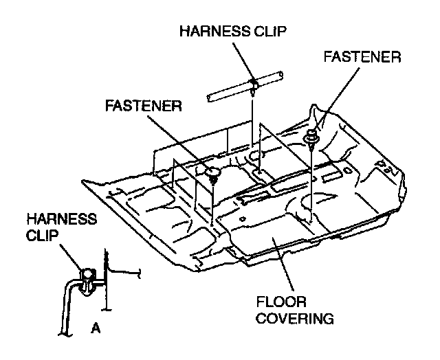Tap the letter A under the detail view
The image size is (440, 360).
click(96, 328)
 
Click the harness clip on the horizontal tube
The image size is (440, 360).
click(254, 84)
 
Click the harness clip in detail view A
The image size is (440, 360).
click(88, 277)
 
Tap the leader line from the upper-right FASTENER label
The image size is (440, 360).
click(329, 102)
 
